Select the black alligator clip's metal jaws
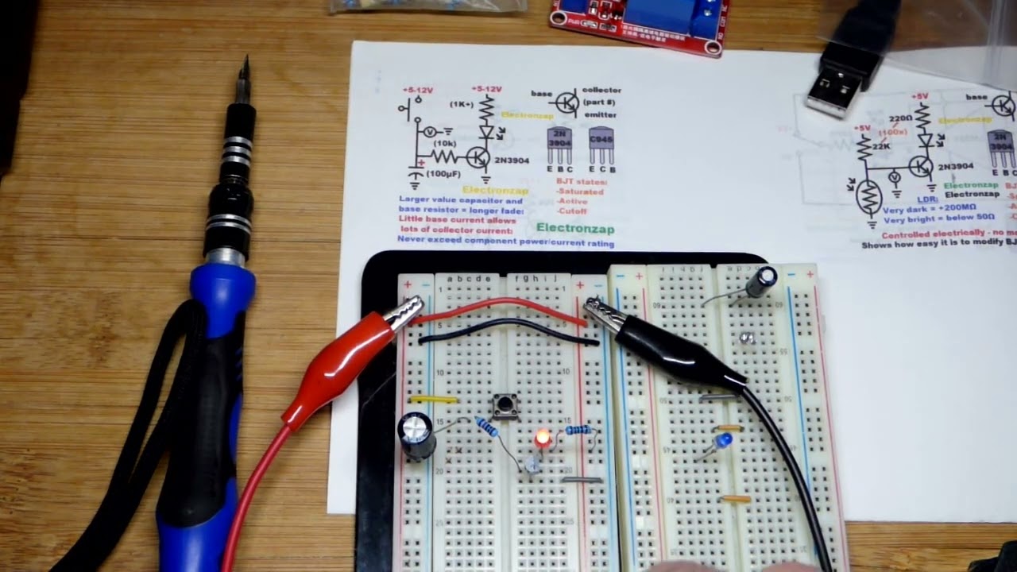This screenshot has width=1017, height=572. [x=601, y=313]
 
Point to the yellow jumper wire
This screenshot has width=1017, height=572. [x=433, y=400]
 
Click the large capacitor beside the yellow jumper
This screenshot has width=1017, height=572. [x=416, y=435]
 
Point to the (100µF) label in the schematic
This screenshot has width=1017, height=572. [x=442, y=173]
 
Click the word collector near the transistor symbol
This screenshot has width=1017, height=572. [x=601, y=91]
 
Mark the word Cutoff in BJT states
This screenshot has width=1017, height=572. [x=572, y=211]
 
